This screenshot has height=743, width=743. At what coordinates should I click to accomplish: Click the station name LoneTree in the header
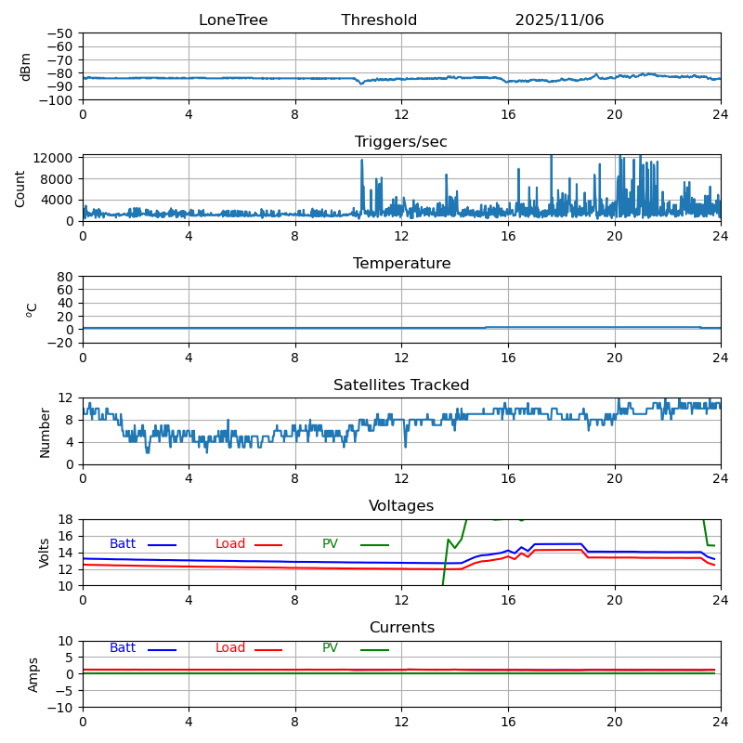tap(233, 20)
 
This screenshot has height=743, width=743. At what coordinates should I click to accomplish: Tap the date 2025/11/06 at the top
tap(559, 20)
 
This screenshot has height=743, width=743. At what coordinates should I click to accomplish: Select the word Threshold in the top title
tap(379, 20)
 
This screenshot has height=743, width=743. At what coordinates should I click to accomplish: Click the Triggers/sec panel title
tap(401, 142)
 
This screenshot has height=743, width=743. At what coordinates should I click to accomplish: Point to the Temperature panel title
tap(401, 264)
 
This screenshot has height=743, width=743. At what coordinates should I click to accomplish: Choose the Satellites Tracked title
tap(401, 385)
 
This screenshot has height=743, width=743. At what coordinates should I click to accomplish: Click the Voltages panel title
tap(401, 506)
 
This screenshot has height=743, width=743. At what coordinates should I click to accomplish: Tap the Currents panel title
tap(401, 628)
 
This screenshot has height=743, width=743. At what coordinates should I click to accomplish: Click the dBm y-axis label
tap(26, 67)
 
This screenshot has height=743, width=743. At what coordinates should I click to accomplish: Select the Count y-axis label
tap(20, 188)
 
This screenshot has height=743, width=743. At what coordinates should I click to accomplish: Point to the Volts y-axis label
tap(45, 553)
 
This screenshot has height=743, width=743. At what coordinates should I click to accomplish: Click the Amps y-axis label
tap(33, 674)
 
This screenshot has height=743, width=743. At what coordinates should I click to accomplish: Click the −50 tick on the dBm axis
tap(62, 33)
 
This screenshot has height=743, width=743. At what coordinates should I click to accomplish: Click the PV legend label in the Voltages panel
tap(330, 544)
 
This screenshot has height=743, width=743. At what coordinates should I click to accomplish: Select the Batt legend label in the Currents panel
tap(123, 648)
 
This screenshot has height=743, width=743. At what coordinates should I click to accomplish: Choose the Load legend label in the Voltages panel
tap(228, 544)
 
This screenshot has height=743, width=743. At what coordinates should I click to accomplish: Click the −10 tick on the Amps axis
tap(62, 708)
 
